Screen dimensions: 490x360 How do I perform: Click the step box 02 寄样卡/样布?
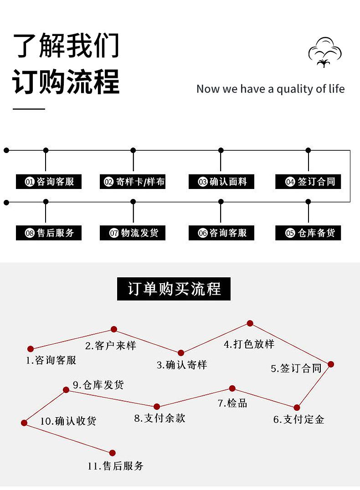click(x=133, y=182)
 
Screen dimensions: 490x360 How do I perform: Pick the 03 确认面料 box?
click(x=221, y=182)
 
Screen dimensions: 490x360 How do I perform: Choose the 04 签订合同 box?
click(x=308, y=182)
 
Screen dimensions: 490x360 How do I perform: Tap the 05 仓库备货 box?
click(x=308, y=233)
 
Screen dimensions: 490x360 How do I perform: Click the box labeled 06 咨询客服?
click(x=221, y=233)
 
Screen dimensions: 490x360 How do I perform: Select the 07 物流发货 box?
click(x=133, y=233)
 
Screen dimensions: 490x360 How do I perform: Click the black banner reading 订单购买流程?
click(x=174, y=289)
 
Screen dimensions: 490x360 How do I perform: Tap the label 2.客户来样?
click(x=111, y=346)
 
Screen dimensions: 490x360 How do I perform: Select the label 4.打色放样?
click(x=249, y=344)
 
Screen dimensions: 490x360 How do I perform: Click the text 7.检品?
click(x=232, y=403)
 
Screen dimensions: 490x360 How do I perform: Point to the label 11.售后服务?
click(x=116, y=466)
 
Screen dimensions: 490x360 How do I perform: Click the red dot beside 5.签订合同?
click(x=331, y=364)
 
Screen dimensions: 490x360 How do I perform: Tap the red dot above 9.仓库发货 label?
click(x=66, y=390)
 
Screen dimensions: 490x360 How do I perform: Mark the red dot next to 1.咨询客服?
click(x=31, y=349)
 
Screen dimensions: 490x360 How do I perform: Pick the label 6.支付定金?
click(x=298, y=419)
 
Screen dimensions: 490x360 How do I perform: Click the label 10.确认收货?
click(x=68, y=421)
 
